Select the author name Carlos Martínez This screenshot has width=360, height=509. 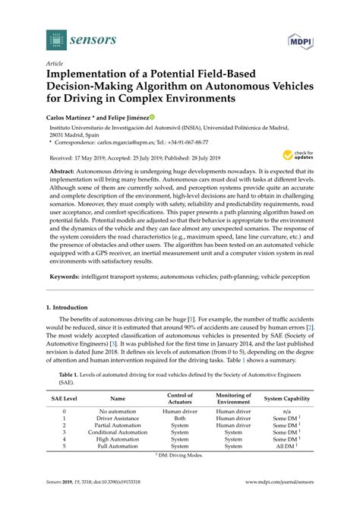(x=74, y=118)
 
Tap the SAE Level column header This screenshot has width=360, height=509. (x=64, y=398)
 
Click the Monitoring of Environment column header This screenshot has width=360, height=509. (x=233, y=398)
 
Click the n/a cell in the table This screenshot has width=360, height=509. (x=287, y=411)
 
